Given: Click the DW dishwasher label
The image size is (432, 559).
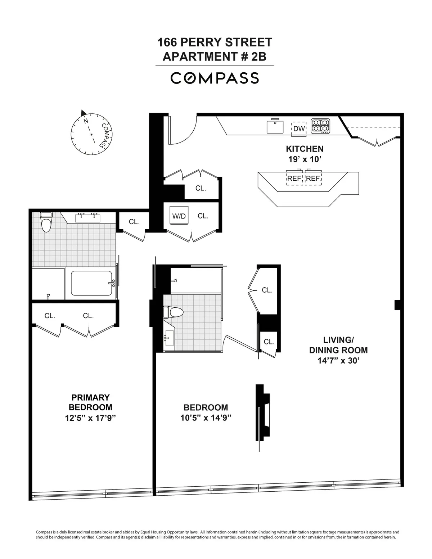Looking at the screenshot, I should (x=299, y=129).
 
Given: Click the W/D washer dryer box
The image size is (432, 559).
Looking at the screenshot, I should (x=179, y=216).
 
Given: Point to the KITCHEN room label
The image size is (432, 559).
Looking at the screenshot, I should (x=305, y=149).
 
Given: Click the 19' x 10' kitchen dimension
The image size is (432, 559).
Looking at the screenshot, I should (x=305, y=159).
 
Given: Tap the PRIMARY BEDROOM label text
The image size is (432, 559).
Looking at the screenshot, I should (x=90, y=402).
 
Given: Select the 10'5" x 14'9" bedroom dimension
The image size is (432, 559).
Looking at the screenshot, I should (x=206, y=418).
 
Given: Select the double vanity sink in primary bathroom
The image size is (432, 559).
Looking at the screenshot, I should (x=87, y=217).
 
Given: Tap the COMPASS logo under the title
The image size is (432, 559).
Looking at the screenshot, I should (x=215, y=78).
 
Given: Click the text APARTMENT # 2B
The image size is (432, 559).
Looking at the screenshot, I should (x=215, y=57).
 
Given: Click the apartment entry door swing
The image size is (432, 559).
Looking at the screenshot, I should (x=182, y=130).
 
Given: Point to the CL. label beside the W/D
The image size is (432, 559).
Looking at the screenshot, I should (x=203, y=216).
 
